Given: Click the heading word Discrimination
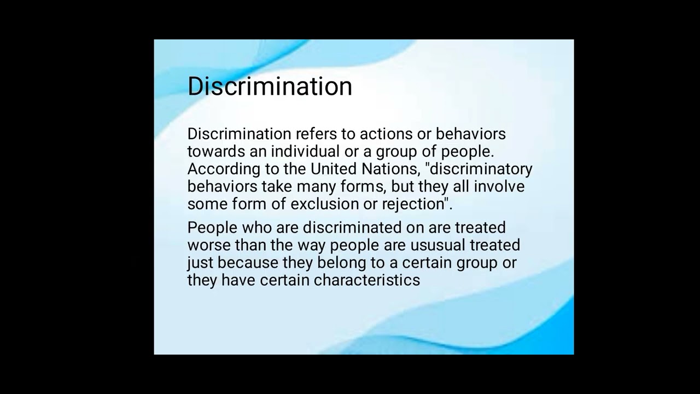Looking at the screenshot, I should [270, 86].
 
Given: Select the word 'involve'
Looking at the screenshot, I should [499, 187].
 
